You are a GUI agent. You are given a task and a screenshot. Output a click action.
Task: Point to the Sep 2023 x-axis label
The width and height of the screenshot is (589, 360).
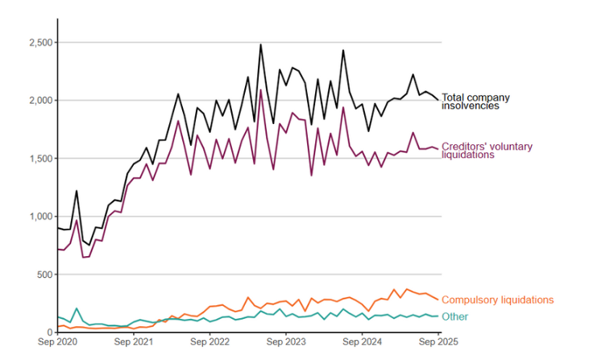(x=286, y=342)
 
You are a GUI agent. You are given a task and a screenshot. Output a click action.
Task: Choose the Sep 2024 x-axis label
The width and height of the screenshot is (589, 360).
(x=363, y=342)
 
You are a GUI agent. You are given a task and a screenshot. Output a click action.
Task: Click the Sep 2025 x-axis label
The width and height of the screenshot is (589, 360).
(x=439, y=342)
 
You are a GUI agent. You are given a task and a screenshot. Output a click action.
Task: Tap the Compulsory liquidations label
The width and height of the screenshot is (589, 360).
(x=497, y=300)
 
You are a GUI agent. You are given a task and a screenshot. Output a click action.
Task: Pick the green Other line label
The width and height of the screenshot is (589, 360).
(x=454, y=317)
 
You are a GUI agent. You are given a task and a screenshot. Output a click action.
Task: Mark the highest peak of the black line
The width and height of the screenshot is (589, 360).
(x=261, y=45)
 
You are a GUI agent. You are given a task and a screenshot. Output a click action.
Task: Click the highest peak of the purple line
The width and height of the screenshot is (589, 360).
(x=261, y=89)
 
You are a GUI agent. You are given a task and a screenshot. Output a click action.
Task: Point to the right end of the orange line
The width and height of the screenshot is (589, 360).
(x=439, y=300)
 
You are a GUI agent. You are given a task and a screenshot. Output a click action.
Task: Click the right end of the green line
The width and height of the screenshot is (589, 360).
(x=439, y=316)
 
